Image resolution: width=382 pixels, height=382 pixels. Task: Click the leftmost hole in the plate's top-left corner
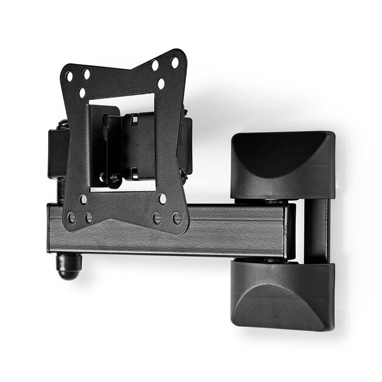point(69,77)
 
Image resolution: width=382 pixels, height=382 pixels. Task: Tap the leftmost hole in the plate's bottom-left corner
point(72,217)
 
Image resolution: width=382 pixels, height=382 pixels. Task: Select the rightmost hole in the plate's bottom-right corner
point(177,219)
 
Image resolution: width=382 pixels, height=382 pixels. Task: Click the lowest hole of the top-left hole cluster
point(83,92)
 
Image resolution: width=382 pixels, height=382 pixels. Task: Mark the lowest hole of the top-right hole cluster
point(161,83)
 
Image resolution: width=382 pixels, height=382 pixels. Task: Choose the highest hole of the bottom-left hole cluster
point(83,199)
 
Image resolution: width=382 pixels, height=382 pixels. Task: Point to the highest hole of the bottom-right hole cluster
point(162,199)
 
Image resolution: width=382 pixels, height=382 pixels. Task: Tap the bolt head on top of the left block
point(62,124)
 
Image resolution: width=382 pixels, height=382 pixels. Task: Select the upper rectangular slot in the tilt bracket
point(134,120)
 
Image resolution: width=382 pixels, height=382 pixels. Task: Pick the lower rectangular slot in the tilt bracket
point(134,173)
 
